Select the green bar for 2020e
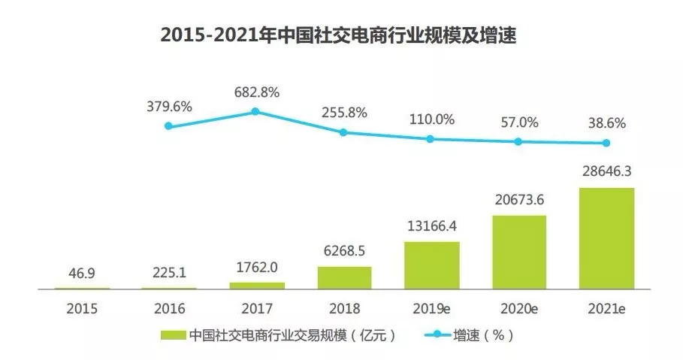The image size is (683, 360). pos(519,252)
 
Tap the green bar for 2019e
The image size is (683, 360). pos(432,265)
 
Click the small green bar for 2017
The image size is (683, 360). pos(257,286)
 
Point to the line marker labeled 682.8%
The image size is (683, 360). pos(255,111)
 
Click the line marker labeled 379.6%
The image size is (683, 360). pos(168,126)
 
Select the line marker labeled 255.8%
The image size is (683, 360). pos(343,132)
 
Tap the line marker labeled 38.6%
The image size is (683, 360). pos(606,143)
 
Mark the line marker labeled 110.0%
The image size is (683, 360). pos(431,139)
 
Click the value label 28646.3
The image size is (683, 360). pos(606,172)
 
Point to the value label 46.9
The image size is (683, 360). pos(81,274)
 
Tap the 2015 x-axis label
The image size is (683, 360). pos(81,308)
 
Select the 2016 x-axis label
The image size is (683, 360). pos(169,308)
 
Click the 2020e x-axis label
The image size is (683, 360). pos(519,308)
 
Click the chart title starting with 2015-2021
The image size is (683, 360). pos(341,35)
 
